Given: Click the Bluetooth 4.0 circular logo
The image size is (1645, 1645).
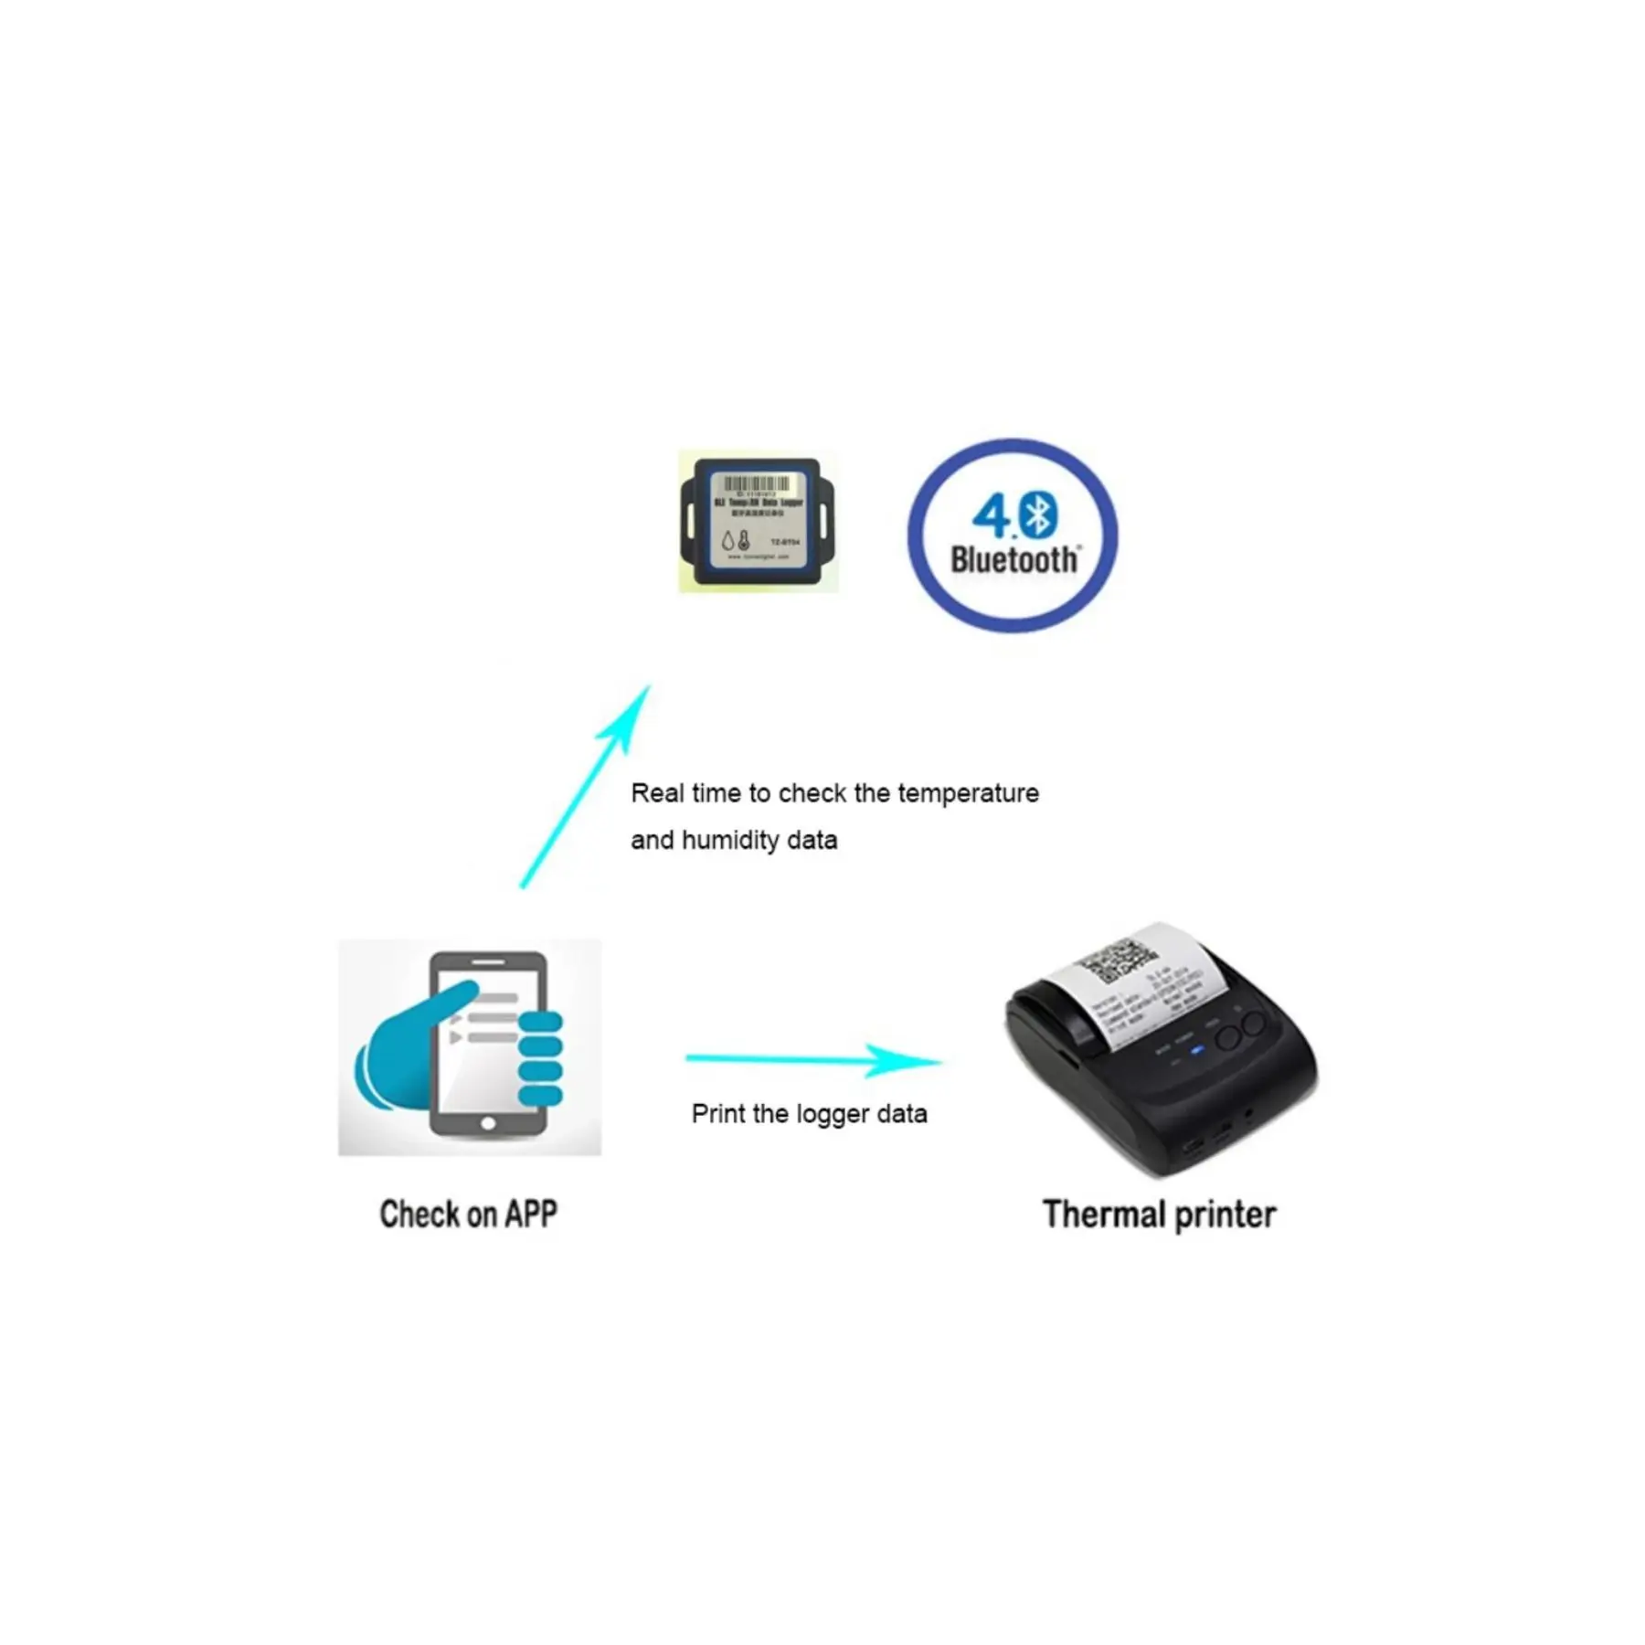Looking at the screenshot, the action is click(x=1012, y=536).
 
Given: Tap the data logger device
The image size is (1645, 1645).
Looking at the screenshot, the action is click(x=757, y=522).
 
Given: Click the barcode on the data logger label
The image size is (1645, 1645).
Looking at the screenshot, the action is click(x=757, y=483).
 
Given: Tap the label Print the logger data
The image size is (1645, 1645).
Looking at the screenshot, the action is click(x=809, y=1114).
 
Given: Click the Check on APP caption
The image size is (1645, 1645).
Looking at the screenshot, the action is click(x=468, y=1214).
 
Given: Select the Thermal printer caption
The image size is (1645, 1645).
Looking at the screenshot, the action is click(x=1159, y=1215).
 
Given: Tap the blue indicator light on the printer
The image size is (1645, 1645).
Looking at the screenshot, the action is click(x=1197, y=1050).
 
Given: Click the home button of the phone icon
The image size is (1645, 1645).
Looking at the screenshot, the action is click(x=488, y=1123).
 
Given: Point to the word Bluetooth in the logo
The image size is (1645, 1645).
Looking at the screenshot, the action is click(x=1014, y=559).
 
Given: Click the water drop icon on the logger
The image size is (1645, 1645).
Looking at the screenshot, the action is click(x=728, y=541).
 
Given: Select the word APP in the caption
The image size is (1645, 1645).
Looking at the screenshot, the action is click(x=530, y=1214).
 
